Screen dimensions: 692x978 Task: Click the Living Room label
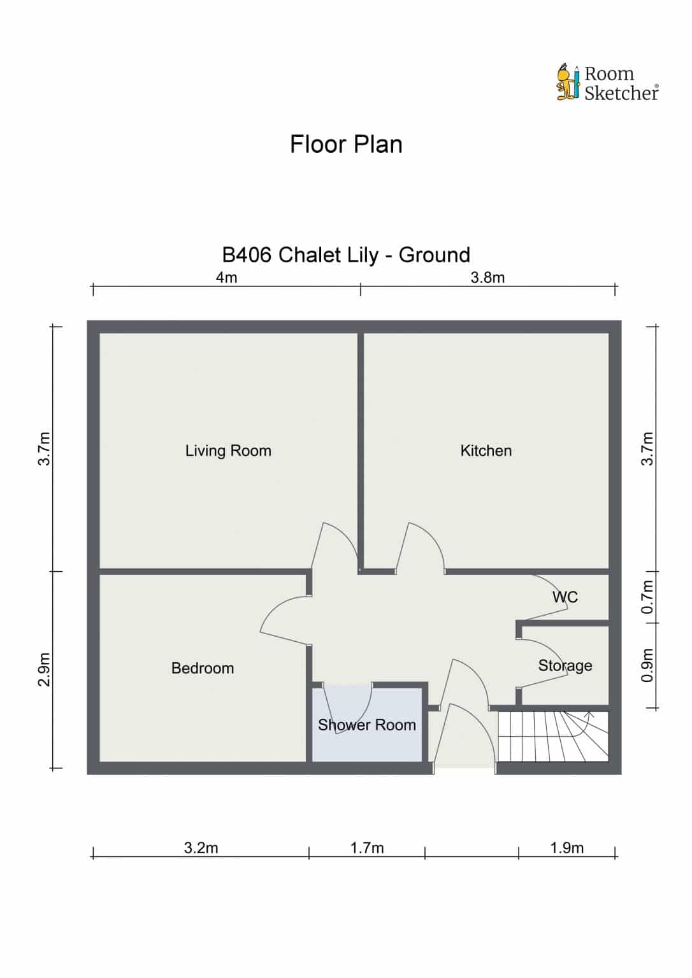(228, 451)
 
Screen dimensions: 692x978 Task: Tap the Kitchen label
(486, 451)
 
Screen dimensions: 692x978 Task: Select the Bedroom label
(203, 668)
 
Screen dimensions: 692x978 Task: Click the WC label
(565, 597)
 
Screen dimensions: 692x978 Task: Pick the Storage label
(565, 665)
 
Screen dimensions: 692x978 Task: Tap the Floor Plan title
(346, 144)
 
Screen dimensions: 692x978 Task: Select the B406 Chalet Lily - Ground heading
(346, 255)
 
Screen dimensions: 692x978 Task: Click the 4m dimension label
(226, 277)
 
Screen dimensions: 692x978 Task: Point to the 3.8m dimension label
(487, 277)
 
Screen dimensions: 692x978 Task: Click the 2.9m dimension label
(45, 670)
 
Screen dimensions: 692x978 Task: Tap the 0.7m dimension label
(648, 597)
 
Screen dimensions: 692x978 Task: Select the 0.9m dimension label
(648, 665)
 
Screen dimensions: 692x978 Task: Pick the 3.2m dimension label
(201, 848)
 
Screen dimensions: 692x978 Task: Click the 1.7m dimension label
(367, 848)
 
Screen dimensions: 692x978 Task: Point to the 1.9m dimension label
(567, 848)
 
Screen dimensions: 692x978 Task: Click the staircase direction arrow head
(589, 714)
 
